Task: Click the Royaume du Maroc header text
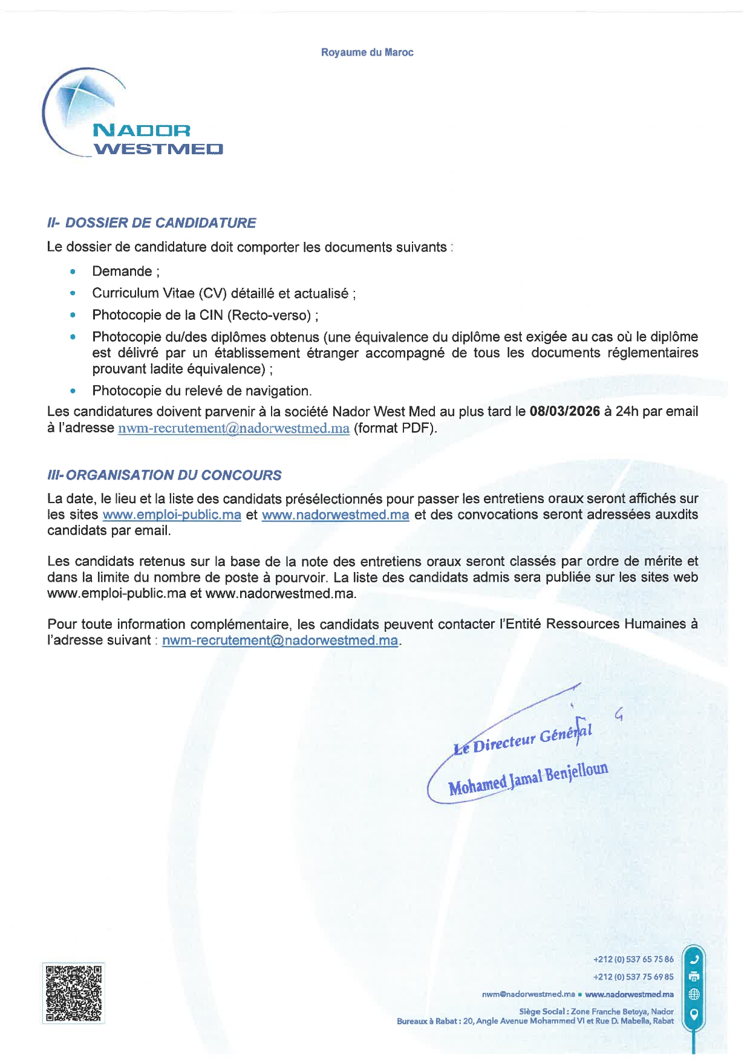(367, 53)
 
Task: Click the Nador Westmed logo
(133, 115)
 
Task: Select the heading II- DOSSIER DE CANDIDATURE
(151, 223)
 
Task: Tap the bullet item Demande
(125, 272)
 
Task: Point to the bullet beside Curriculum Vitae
(73, 293)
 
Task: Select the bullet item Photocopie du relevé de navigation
(201, 391)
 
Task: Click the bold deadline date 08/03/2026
(564, 412)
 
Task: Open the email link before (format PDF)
(233, 429)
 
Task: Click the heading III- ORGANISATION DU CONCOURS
(164, 475)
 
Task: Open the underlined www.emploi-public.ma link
(172, 515)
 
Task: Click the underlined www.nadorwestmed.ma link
(335, 515)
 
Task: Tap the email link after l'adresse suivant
(280, 640)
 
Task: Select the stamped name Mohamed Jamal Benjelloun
(528, 779)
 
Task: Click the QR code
(73, 993)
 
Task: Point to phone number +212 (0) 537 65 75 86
(633, 959)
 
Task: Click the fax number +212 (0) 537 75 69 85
(633, 977)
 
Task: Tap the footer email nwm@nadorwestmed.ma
(528, 994)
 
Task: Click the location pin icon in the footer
(694, 1014)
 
